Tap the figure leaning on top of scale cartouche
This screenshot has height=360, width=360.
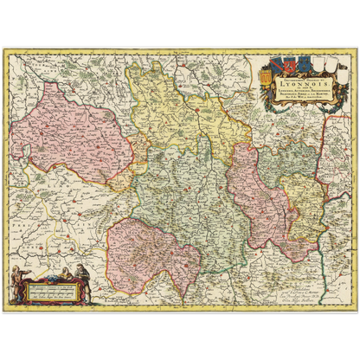click(61, 277)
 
